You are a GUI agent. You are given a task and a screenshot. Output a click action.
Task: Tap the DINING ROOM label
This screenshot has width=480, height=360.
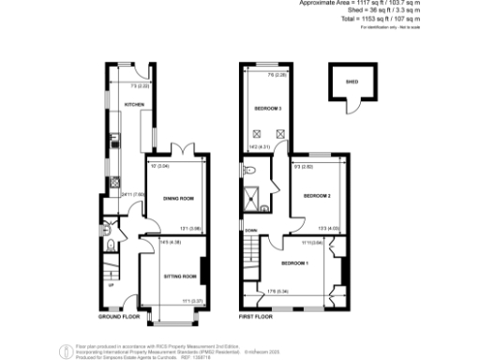coord(178,198)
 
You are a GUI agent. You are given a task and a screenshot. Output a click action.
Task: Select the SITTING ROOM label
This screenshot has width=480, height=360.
coord(179,277)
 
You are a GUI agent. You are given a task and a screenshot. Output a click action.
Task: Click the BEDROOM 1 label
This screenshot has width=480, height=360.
coord(295,262)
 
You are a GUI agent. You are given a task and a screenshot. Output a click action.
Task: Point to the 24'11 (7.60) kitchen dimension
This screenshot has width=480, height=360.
coord(128,194)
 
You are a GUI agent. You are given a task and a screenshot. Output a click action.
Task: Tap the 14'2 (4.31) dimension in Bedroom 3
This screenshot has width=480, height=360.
coord(258,146)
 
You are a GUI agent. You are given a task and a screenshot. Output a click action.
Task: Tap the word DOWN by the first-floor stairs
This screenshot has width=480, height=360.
coord(250,231)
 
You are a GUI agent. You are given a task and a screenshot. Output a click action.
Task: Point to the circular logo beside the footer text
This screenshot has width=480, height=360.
coord(67,349)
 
